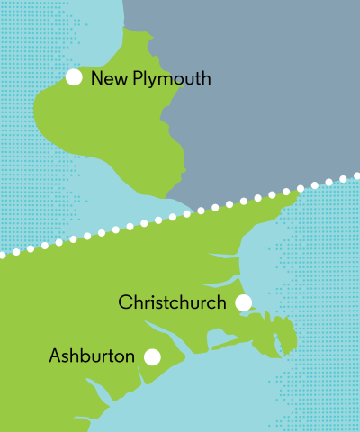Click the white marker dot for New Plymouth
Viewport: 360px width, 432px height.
point(74,78)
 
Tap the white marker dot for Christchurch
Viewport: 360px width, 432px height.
point(243,302)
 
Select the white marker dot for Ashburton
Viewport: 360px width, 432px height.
point(152,356)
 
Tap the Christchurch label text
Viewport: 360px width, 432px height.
point(172,302)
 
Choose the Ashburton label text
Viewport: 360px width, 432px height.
point(92,356)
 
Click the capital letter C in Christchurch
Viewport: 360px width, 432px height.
point(125,302)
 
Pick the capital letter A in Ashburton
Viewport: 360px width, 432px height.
point(55,356)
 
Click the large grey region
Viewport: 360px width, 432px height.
point(261,81)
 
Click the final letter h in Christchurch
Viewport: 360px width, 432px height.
point(221,302)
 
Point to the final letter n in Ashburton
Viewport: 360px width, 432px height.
point(130,357)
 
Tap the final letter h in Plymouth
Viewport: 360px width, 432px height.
point(206,79)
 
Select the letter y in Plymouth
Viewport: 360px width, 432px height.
point(152,82)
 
